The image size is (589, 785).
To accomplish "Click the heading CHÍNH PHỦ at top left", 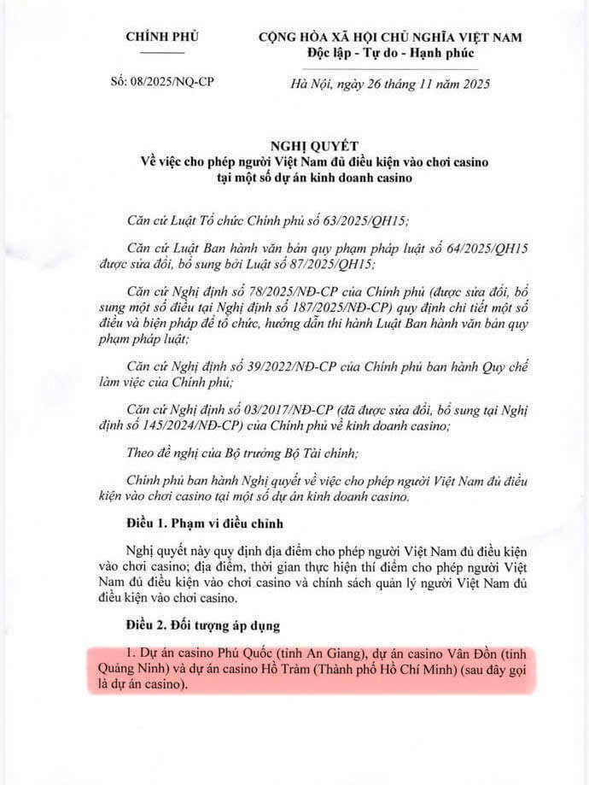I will click(x=161, y=37).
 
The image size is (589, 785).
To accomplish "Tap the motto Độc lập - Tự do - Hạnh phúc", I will click(x=391, y=53).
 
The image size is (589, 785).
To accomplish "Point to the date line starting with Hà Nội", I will click(x=391, y=84).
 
